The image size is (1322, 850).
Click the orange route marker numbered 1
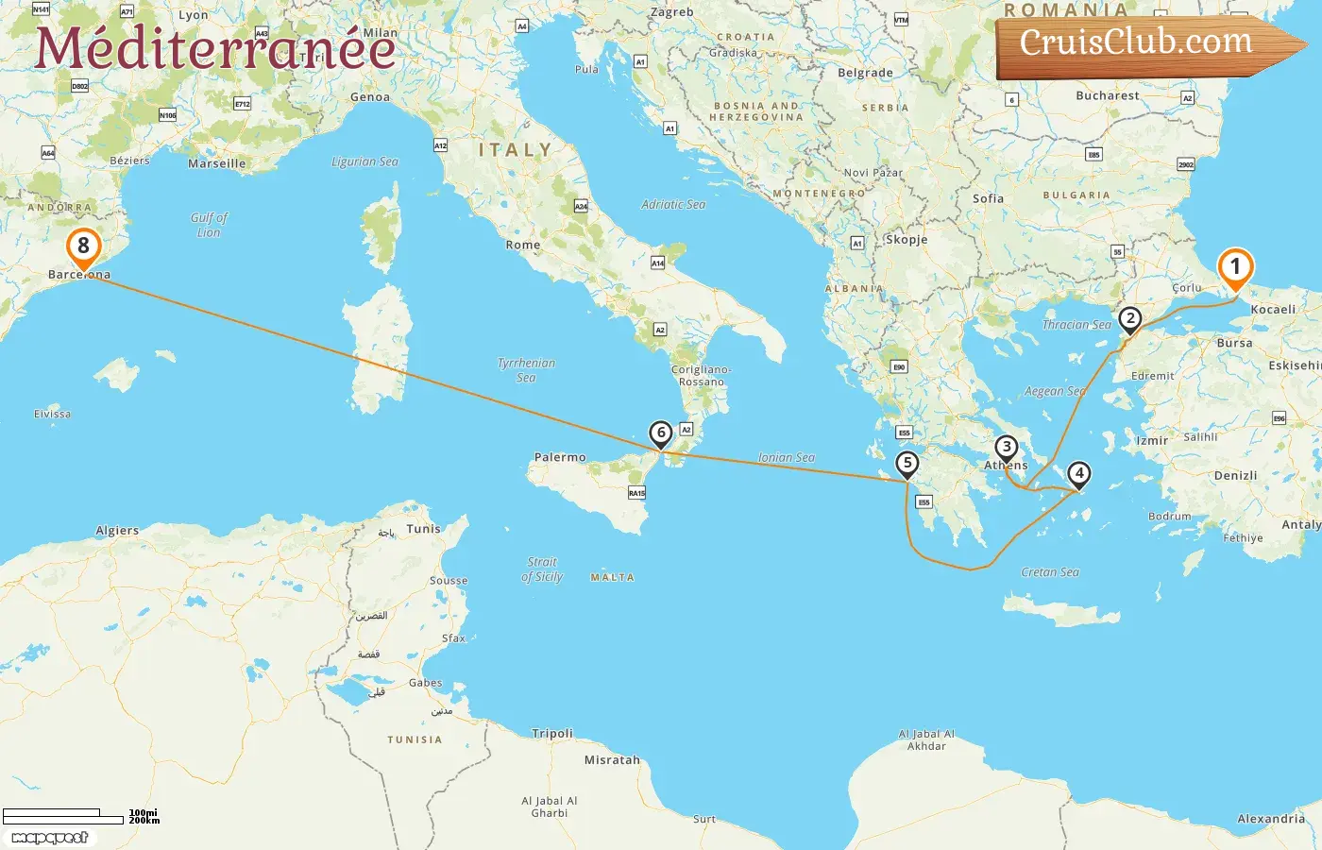(x=1235, y=266)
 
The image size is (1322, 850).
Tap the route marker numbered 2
(x=1129, y=318)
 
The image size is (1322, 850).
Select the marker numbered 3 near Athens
(x=1007, y=448)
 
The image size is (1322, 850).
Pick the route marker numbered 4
(x=1078, y=473)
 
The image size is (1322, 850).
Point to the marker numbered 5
(x=907, y=464)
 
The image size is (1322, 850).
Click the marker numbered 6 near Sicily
(x=661, y=433)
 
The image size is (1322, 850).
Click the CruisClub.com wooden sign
(x=1137, y=43)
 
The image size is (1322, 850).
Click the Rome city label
(x=523, y=245)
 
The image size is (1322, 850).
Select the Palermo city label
(x=560, y=457)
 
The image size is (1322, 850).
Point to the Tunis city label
(x=423, y=529)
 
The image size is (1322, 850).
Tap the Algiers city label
(x=117, y=531)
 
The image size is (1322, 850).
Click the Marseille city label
(x=216, y=163)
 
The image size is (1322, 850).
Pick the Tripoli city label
(x=552, y=733)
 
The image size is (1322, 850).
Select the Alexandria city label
(x=1271, y=819)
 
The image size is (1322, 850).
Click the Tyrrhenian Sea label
(x=526, y=370)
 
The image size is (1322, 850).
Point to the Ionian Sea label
(x=786, y=457)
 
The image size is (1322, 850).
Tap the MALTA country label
(x=612, y=577)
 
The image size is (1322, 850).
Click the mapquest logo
(x=50, y=838)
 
